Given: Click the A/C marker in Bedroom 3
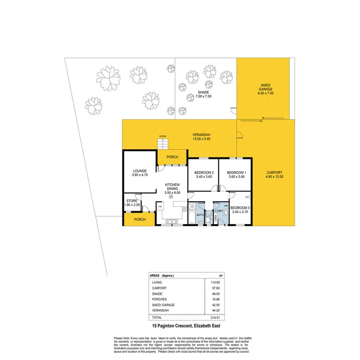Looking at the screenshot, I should pyautogui.click(x=247, y=197).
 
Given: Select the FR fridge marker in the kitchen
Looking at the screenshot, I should pyautogui.click(x=160, y=206).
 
